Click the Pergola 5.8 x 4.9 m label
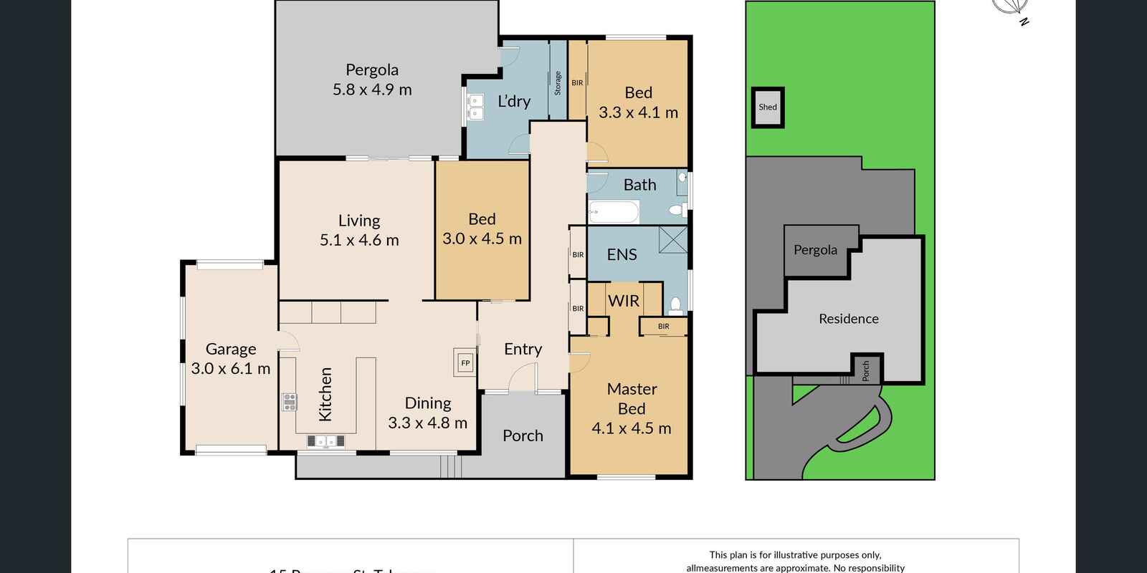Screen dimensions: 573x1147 coord(372,80)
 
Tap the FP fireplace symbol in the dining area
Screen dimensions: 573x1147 coord(465,363)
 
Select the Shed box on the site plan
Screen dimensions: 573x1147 coord(768,107)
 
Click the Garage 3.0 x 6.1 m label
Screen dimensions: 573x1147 coord(230,359)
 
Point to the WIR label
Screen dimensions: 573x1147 coord(623,301)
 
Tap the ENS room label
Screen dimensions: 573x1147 coord(622,254)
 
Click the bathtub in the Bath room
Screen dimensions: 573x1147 coord(614,212)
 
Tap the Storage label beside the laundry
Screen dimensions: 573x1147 coord(558,83)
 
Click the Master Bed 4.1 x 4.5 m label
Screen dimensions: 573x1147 coord(632,408)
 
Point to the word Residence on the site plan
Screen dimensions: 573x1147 coord(849,319)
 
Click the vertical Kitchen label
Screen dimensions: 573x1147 coord(325,394)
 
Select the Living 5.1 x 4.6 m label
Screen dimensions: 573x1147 coord(359,230)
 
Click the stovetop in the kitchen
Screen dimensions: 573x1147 coord(290,402)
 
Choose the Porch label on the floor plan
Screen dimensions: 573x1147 coord(523,435)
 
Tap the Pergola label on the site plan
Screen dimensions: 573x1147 coord(815,250)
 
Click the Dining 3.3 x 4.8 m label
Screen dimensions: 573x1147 coord(427,413)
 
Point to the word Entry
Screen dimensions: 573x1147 coord(523,349)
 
